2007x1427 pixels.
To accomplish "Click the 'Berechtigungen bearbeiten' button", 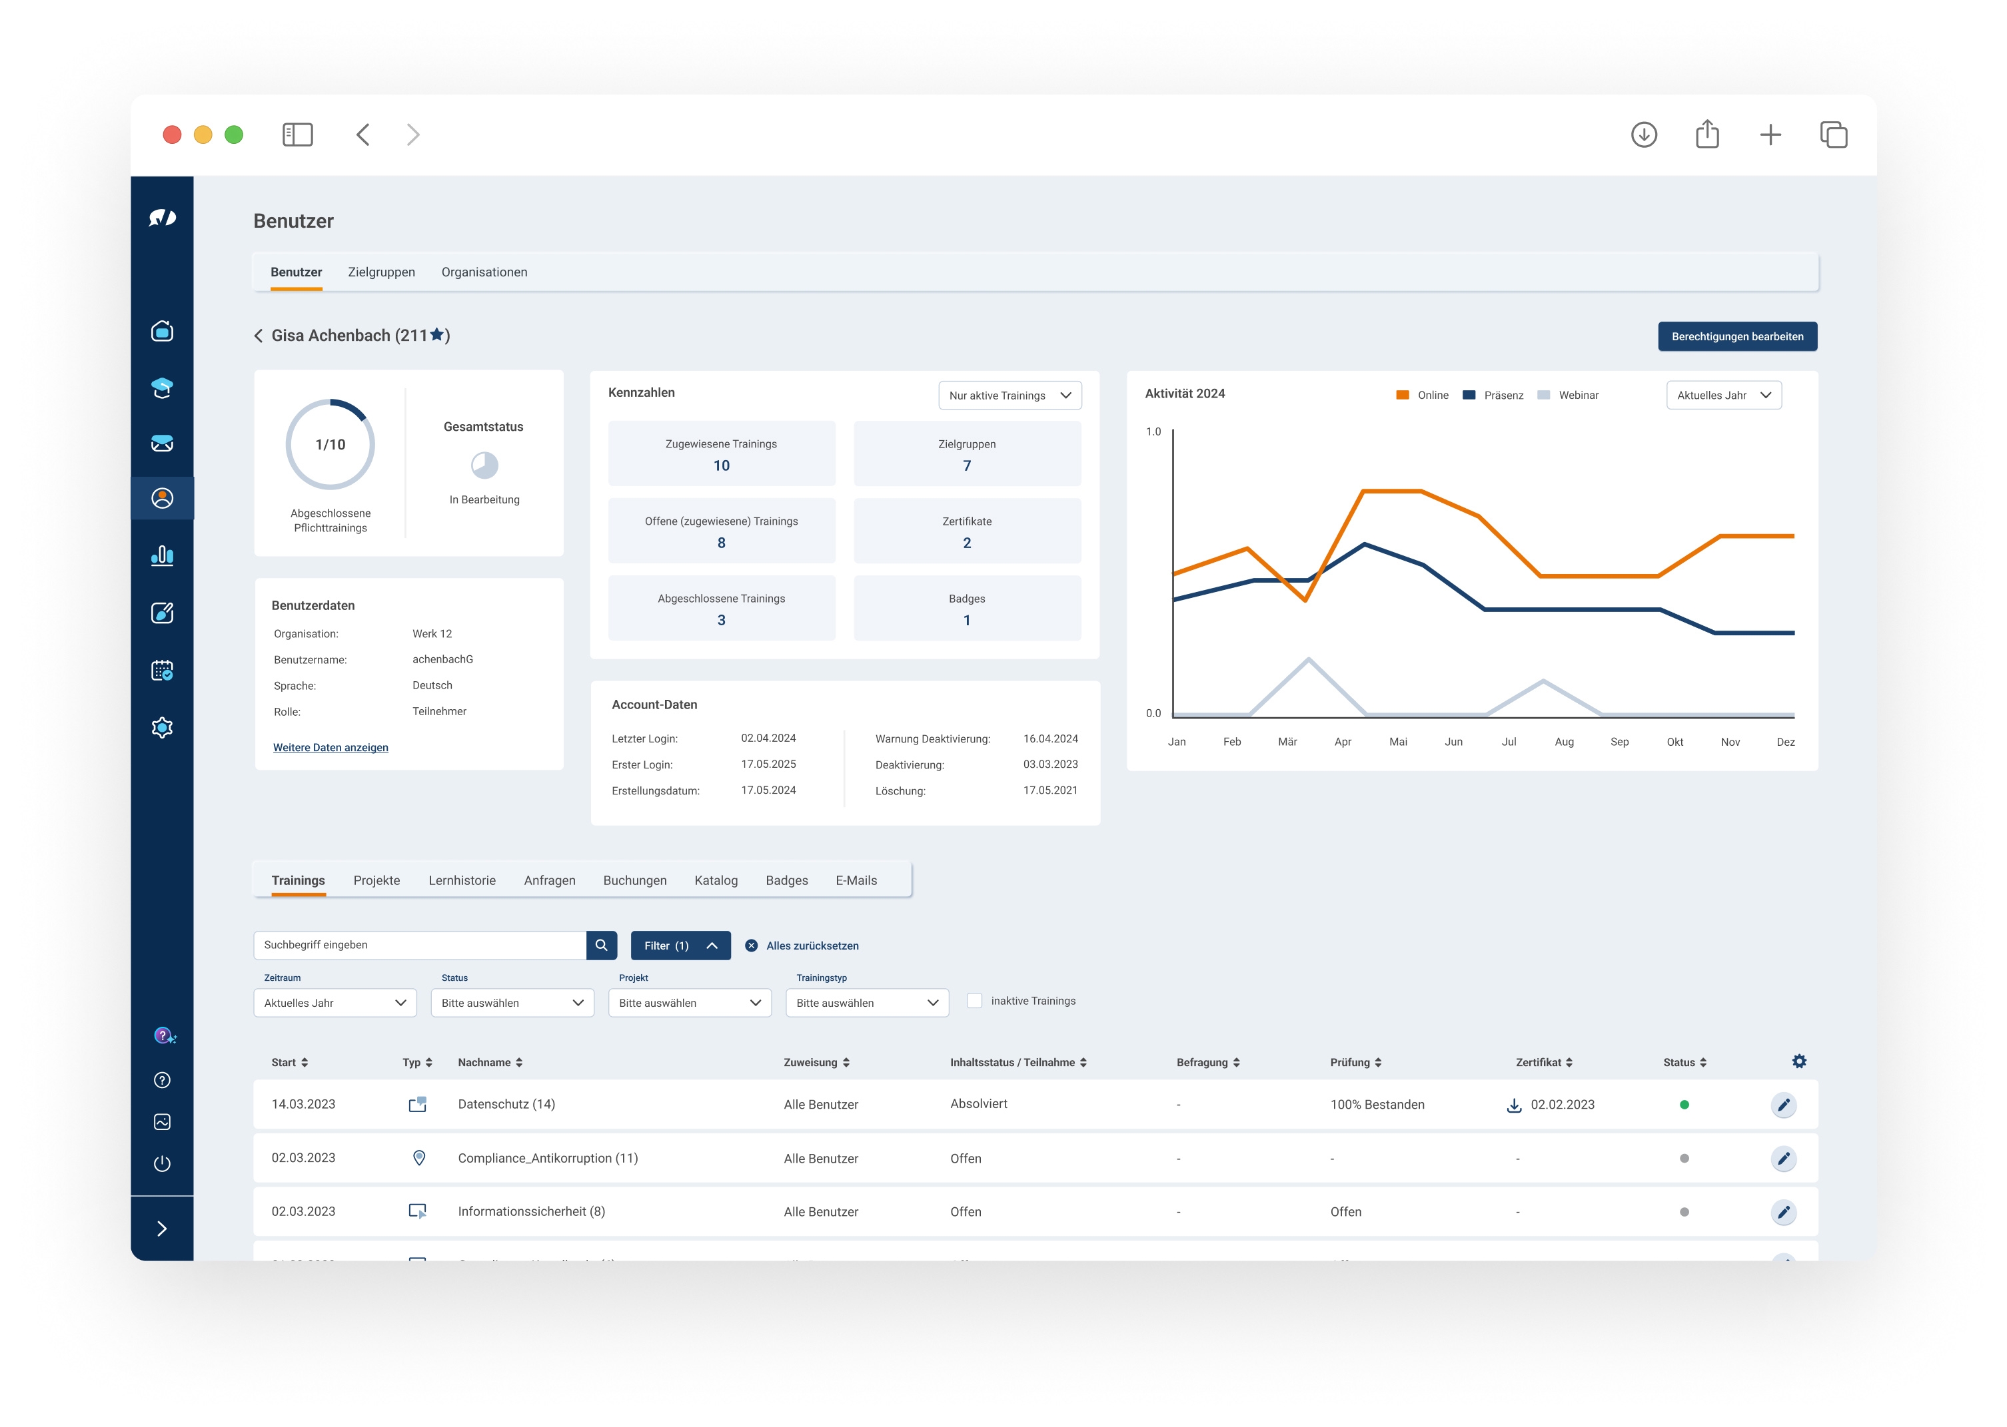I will click(x=1736, y=336).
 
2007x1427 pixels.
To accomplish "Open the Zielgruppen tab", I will click(x=380, y=272).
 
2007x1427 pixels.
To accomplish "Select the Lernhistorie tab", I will click(x=462, y=880).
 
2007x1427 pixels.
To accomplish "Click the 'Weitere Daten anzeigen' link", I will click(x=331, y=748).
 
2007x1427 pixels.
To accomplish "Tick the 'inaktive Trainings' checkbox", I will click(x=974, y=1001).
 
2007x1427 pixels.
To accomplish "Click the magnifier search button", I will click(x=601, y=946).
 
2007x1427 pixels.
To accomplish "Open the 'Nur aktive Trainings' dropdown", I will click(x=1009, y=396).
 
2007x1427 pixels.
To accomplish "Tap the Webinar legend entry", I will click(x=1569, y=396).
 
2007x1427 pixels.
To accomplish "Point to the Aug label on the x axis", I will click(x=1564, y=742).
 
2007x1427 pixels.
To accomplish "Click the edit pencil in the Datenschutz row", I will click(x=1783, y=1105).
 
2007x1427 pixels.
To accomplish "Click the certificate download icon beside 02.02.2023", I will click(x=1514, y=1105).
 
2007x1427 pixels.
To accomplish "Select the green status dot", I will click(x=1683, y=1105).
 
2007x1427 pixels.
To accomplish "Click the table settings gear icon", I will click(x=1798, y=1061).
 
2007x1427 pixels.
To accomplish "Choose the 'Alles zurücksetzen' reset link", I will click(x=812, y=946).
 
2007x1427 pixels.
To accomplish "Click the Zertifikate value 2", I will click(x=967, y=543).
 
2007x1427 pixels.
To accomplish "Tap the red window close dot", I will click(x=173, y=135).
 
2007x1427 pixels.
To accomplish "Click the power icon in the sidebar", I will click(x=162, y=1164).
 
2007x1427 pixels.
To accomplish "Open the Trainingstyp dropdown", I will click(x=866, y=1003).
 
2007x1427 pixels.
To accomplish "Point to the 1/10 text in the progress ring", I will click(x=331, y=445).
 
